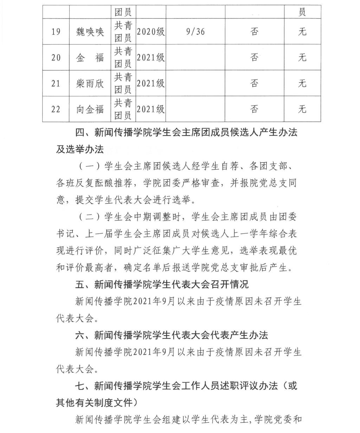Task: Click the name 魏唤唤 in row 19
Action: coord(90,32)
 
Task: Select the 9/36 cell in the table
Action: coord(195,32)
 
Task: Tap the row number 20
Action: coord(56,57)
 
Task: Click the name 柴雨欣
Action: coord(90,83)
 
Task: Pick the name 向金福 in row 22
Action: coord(90,109)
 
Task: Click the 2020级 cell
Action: coord(150,32)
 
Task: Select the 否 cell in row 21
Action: coord(255,83)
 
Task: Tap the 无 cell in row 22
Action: coord(302,109)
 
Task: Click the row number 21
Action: coord(56,83)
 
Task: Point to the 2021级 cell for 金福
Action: coord(150,57)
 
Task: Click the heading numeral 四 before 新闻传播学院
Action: coord(80,133)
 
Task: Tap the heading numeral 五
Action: coord(80,284)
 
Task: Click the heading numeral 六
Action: coord(80,335)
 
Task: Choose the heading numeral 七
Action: coord(80,386)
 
